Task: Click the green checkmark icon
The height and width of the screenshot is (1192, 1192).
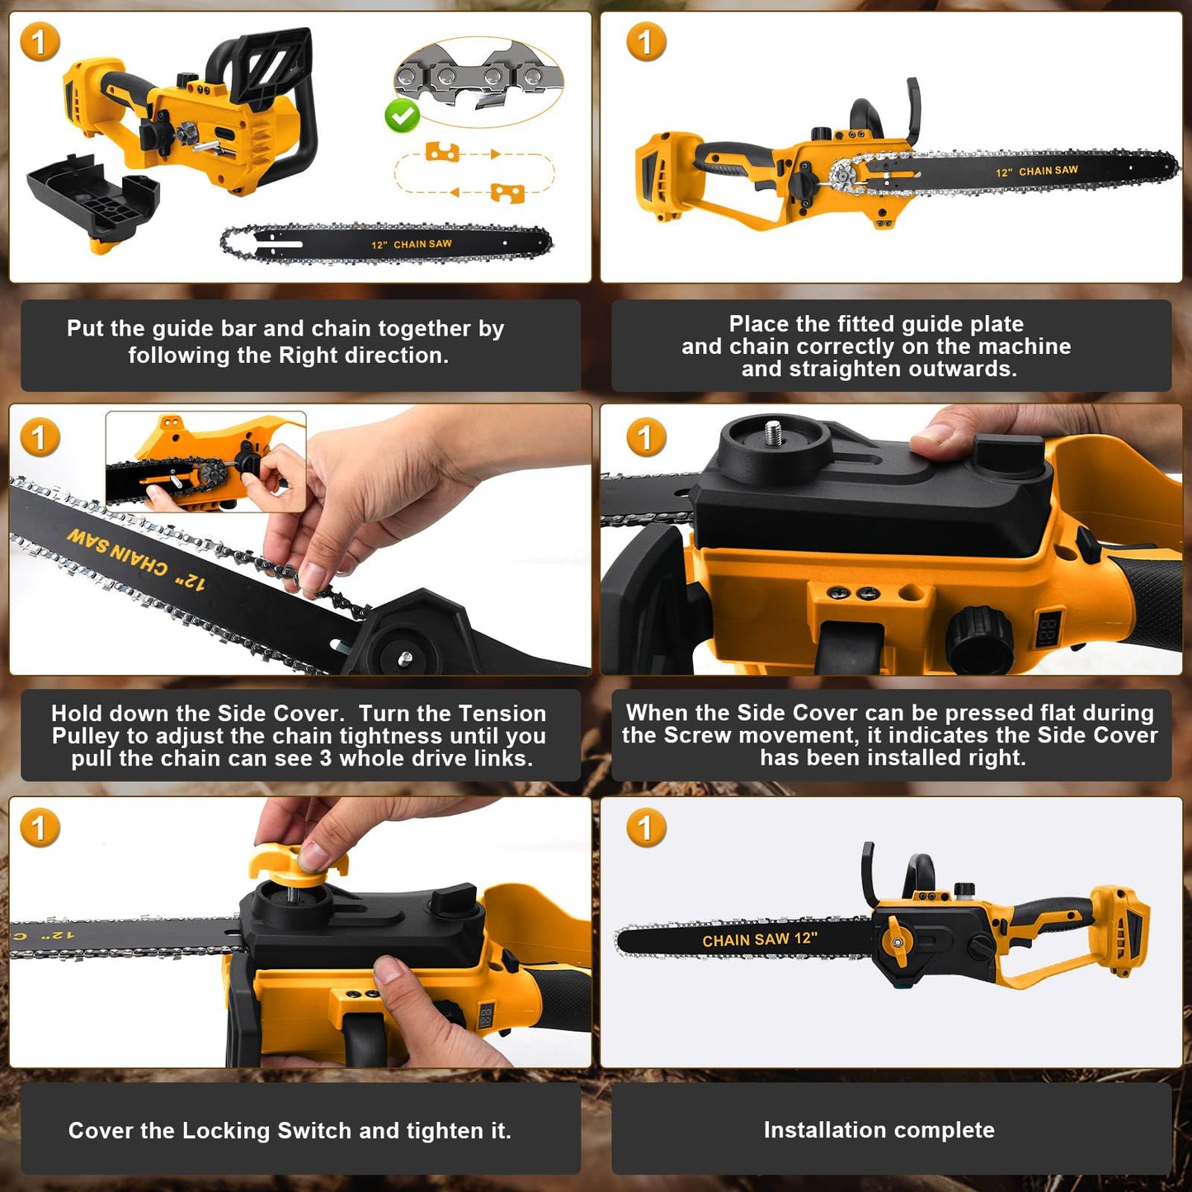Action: point(403,115)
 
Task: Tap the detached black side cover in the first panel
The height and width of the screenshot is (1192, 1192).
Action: point(92,197)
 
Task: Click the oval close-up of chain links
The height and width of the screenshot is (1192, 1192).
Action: point(478,81)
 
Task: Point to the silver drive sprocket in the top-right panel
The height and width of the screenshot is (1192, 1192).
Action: point(844,176)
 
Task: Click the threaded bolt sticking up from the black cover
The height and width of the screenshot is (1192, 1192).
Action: point(773,434)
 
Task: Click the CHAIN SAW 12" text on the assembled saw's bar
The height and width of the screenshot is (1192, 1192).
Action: point(759,940)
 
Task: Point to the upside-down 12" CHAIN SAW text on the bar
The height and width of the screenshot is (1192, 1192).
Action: point(136,558)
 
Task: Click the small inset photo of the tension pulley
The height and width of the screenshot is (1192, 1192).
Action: point(205,462)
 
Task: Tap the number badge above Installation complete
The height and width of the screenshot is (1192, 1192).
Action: point(646,828)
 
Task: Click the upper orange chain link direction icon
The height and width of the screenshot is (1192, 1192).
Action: point(442,152)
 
